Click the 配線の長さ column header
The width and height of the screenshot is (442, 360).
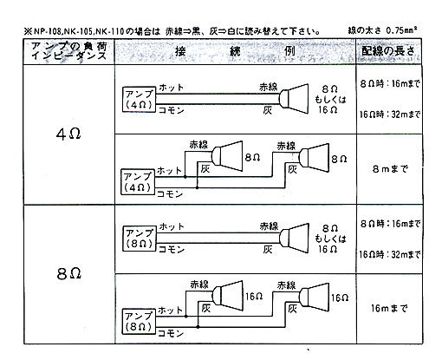(x=388, y=51)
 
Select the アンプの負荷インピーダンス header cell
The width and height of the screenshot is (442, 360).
(x=69, y=51)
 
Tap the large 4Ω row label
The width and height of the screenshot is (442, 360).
(x=68, y=134)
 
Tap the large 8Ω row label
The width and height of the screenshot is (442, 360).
(x=68, y=273)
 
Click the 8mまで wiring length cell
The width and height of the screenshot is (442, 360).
(x=390, y=168)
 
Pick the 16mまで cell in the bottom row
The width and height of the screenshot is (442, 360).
(x=389, y=308)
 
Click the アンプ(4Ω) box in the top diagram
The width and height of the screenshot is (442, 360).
(x=139, y=99)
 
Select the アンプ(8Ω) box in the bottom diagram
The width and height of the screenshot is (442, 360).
(x=139, y=321)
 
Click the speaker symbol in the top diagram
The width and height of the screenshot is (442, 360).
(x=294, y=99)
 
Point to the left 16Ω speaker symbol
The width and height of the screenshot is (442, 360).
(x=227, y=296)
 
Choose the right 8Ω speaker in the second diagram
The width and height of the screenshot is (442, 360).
(x=315, y=158)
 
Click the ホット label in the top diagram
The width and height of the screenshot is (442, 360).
(x=171, y=88)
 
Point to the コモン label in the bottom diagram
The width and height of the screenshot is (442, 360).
(x=171, y=333)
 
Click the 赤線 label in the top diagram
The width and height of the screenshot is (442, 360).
(x=269, y=87)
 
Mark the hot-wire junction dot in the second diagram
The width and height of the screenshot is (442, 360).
(x=185, y=177)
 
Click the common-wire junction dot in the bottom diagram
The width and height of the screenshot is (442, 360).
(x=198, y=327)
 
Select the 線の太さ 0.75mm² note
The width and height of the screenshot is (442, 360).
(x=382, y=29)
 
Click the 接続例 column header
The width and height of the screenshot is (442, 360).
(x=235, y=51)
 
